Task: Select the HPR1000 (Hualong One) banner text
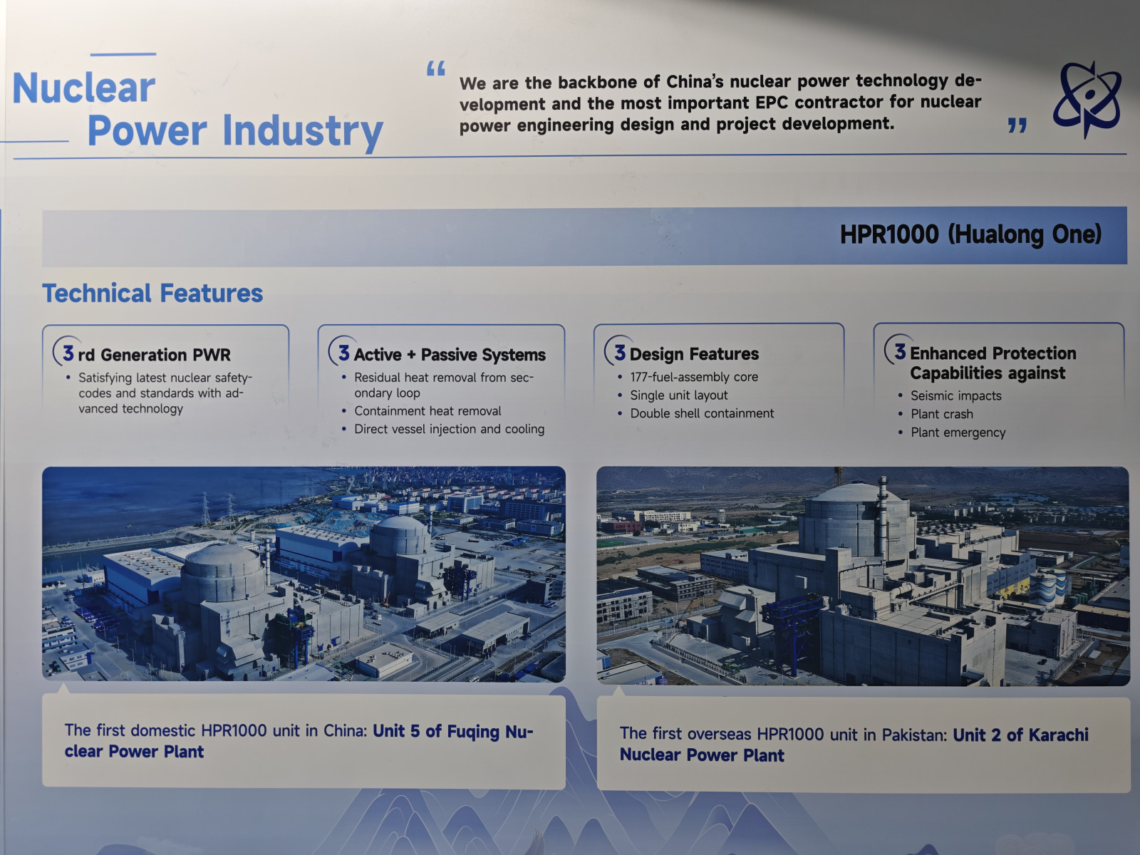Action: pyautogui.click(x=970, y=234)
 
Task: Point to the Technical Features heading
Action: pyautogui.click(x=152, y=294)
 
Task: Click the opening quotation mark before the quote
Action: pyautogui.click(x=435, y=68)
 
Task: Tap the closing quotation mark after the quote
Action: pyautogui.click(x=1017, y=125)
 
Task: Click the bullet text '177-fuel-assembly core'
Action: pyautogui.click(x=694, y=377)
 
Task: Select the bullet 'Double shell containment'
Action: pyautogui.click(x=702, y=413)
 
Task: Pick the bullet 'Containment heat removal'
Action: pyautogui.click(x=427, y=411)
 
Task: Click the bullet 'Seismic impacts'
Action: pyautogui.click(x=955, y=395)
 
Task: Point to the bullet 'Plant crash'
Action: pyautogui.click(x=942, y=414)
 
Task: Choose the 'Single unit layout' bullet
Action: pyautogui.click(x=679, y=395)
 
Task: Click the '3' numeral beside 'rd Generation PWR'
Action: pyautogui.click(x=68, y=353)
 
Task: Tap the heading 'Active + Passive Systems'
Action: pyautogui.click(x=450, y=355)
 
